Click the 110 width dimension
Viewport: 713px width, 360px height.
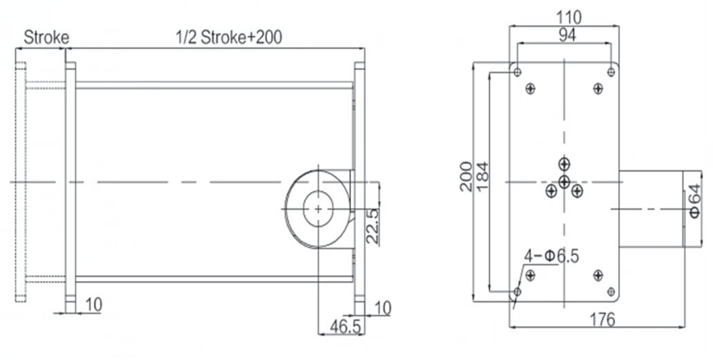[568, 17]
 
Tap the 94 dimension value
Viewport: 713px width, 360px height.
[567, 34]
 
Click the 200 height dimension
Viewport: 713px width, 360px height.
[467, 177]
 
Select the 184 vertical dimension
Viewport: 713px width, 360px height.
[483, 177]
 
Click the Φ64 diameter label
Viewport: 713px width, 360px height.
[696, 200]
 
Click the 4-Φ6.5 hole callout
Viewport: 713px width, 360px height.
[551, 255]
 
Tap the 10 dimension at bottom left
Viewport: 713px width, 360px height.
[92, 305]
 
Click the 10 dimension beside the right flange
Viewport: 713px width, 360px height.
[382, 308]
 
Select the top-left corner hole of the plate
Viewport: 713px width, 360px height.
[518, 72]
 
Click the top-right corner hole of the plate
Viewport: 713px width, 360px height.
[611, 72]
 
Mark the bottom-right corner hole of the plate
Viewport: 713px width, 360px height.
[611, 291]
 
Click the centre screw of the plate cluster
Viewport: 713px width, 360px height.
[564, 181]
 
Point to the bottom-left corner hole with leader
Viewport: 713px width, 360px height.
[518, 292]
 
